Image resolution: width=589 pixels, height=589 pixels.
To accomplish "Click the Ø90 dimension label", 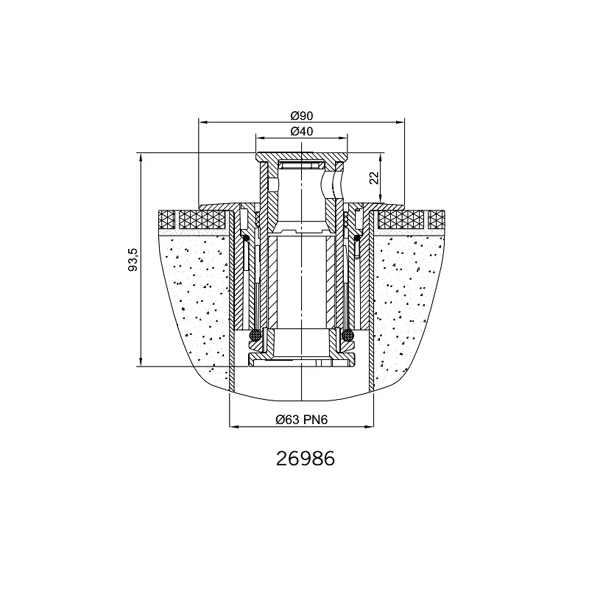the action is coord(301,116).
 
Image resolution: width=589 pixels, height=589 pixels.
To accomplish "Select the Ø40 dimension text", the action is coord(301,132).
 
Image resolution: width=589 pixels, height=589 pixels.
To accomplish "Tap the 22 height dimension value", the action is coord(374,177).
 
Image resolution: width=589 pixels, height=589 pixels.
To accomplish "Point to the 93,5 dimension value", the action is coord(133,260).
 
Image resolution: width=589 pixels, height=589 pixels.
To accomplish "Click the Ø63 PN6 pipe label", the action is coord(302,419).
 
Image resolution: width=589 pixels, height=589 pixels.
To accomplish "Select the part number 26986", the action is coord(305,459).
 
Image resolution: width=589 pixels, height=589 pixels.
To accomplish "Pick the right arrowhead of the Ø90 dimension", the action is coord(400,121).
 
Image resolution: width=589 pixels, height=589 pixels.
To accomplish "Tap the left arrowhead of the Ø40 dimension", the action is coord(260,138).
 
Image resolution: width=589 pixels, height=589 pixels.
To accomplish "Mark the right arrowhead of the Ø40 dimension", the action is coord(343,138).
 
